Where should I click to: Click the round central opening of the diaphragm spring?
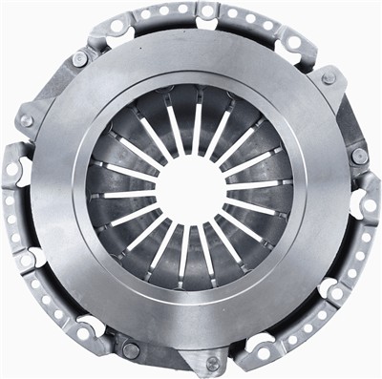[x=191, y=187]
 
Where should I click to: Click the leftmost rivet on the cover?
[x=26, y=121]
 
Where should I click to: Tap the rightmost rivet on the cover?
[x=358, y=156]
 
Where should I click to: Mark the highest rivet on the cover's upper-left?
[x=80, y=59]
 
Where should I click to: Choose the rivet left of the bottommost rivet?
[x=131, y=350]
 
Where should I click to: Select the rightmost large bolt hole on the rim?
[x=368, y=204]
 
